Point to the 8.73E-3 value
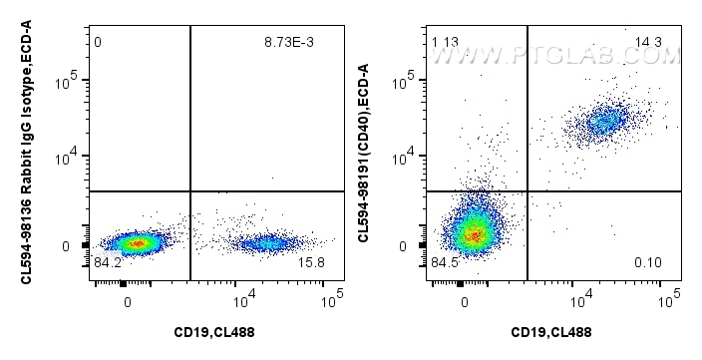[x=301, y=43]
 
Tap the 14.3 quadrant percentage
[x=649, y=41]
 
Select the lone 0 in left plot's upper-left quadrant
[x=98, y=43]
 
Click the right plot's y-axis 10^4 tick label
[x=407, y=157]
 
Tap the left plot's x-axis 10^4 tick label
[x=242, y=296]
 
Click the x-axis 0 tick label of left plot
[x=127, y=296]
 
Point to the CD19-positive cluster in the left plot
[x=265, y=242]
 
